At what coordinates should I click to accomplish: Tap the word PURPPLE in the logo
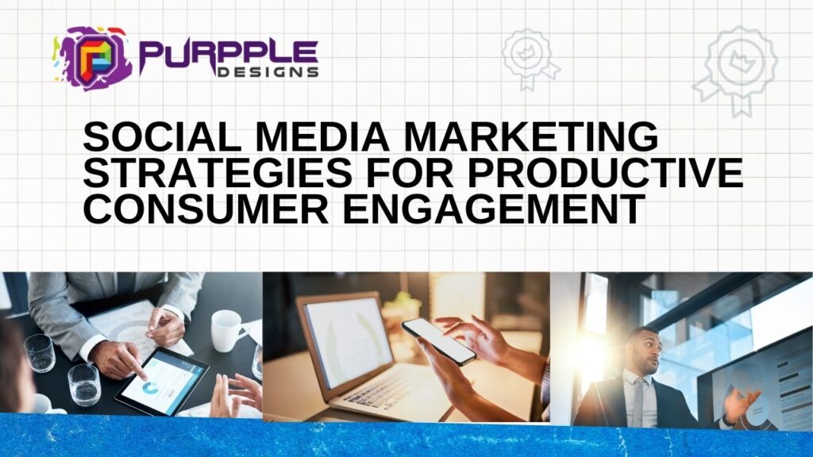click(x=229, y=52)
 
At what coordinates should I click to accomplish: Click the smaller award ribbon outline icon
click(x=527, y=58)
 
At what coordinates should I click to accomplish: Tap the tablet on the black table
click(x=162, y=380)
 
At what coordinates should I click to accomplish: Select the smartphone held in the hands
click(x=438, y=341)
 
